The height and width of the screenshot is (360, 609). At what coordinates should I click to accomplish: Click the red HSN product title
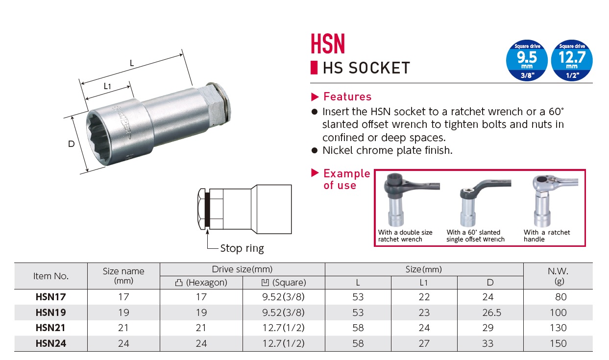click(328, 44)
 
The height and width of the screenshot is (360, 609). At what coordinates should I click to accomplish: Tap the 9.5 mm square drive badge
click(527, 60)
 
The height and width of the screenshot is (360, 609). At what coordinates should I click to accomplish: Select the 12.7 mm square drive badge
click(572, 60)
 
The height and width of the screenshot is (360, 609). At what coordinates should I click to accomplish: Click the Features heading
click(347, 96)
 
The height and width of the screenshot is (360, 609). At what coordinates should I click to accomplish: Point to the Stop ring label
click(242, 248)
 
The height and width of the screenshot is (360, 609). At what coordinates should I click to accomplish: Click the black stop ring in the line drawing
click(207, 209)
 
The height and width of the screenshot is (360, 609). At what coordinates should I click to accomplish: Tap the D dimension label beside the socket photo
click(71, 144)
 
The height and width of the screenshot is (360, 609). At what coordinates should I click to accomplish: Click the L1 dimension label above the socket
click(107, 86)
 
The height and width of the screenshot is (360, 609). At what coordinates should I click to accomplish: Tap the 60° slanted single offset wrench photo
click(484, 202)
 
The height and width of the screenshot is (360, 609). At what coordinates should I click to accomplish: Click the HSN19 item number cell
click(51, 312)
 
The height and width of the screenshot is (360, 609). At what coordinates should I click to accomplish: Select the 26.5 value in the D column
click(491, 312)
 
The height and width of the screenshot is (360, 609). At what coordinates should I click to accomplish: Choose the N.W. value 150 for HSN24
click(558, 343)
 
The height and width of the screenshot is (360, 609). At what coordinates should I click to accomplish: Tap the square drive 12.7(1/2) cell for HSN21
click(283, 328)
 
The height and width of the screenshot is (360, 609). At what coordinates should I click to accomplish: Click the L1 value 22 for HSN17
click(424, 297)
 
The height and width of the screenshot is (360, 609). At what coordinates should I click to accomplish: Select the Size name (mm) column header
click(123, 275)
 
